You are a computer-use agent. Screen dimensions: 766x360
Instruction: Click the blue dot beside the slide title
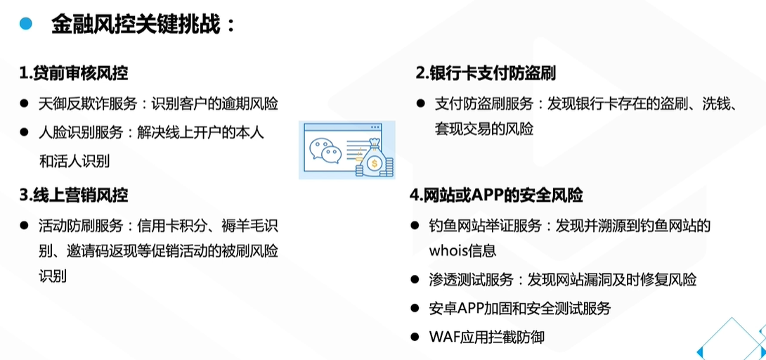pos(25,23)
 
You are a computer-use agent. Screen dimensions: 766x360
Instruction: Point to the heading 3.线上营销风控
pos(74,195)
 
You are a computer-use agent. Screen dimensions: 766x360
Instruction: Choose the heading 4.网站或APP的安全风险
pos(496,195)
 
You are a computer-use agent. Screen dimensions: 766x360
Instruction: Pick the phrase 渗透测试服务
pos(470,280)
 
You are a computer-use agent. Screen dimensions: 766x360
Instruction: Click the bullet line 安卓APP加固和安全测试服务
pos(520,309)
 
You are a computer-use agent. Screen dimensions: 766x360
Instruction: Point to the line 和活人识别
pos(74,161)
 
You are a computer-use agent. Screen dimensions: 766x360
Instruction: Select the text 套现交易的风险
pos(483,129)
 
